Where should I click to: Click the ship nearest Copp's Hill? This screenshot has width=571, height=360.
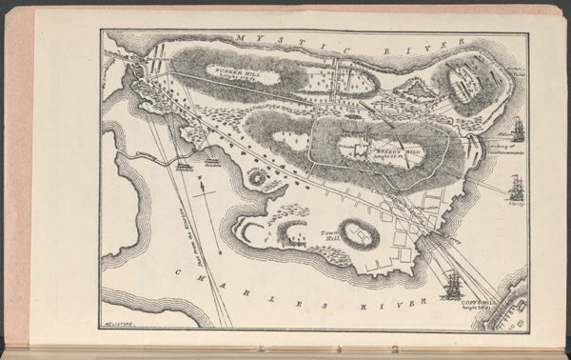click(x=452, y=284)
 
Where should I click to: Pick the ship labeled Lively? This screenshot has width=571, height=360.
click(x=516, y=187)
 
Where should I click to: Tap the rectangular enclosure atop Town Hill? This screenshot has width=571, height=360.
click(x=359, y=234)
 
